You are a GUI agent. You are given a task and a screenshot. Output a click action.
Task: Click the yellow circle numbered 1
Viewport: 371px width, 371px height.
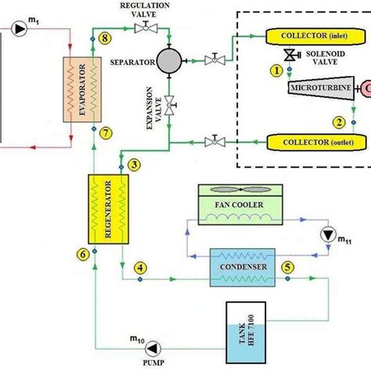point(275,70)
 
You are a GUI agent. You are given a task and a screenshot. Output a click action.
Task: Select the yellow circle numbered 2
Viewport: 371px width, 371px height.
point(339,122)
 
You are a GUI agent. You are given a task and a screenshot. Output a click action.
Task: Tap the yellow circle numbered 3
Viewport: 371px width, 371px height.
point(135,164)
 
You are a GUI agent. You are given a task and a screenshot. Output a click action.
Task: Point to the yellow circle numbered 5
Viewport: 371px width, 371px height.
point(288,267)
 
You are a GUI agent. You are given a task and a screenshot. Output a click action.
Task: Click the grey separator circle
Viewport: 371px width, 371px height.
point(168,60)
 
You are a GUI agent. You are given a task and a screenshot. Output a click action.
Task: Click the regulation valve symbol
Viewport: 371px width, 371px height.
point(144,29)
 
